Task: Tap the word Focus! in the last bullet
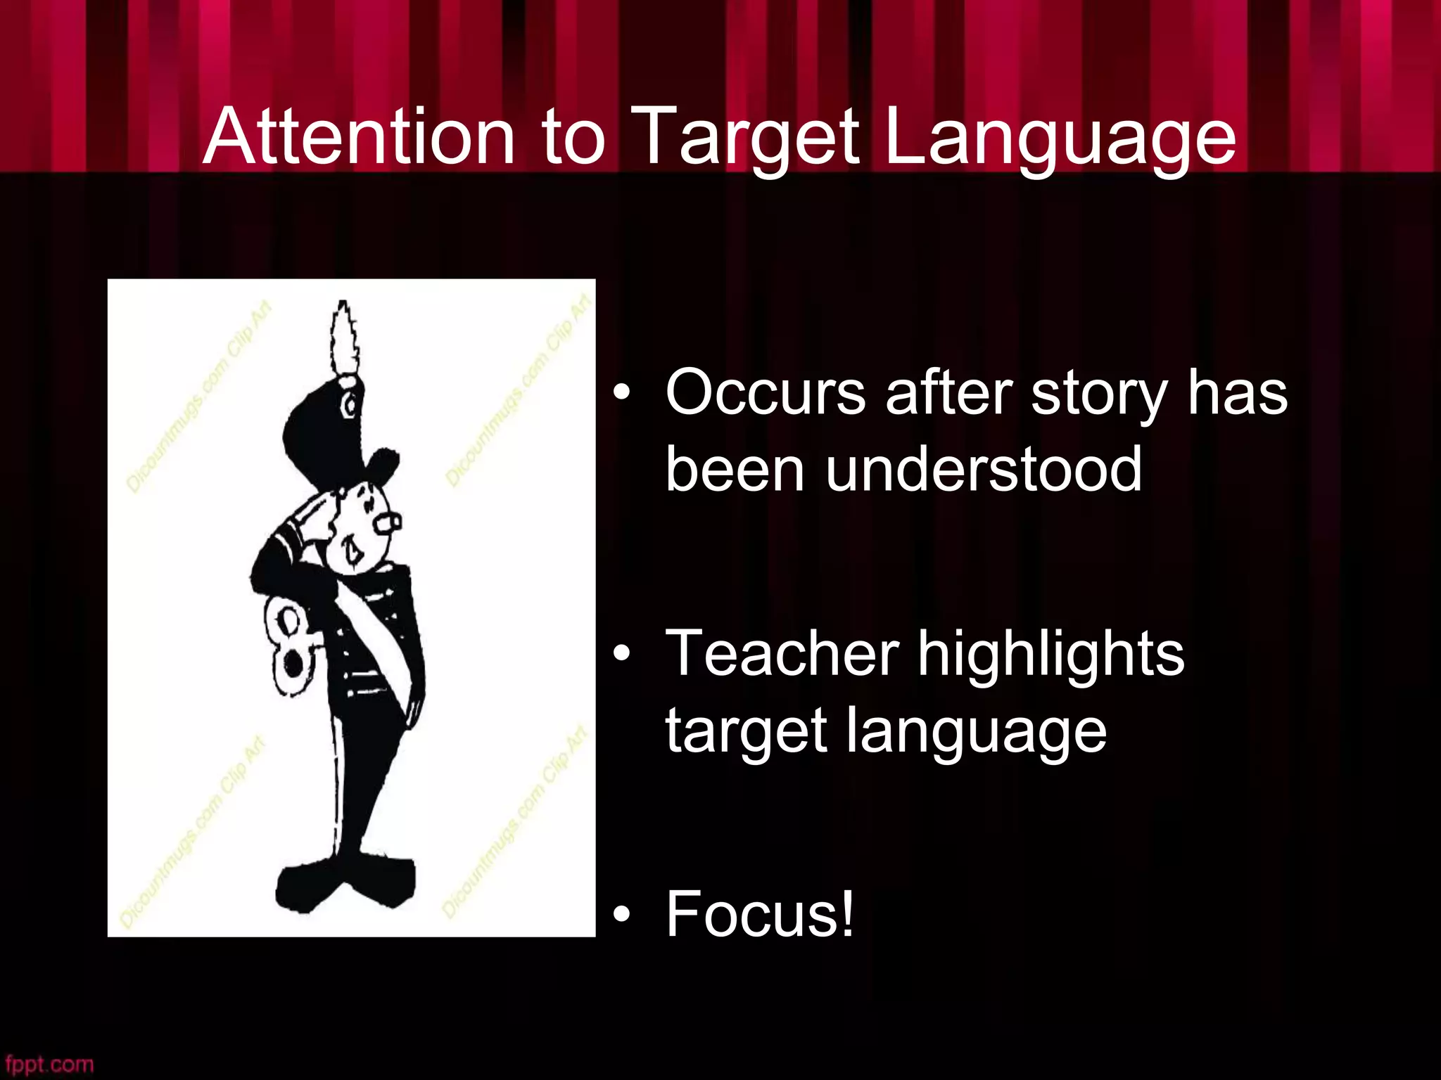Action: pos(760,914)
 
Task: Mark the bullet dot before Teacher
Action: pos(621,655)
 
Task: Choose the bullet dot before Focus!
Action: pos(621,914)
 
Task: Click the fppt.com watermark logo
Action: pos(48,1064)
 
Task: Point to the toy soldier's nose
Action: pos(388,522)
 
